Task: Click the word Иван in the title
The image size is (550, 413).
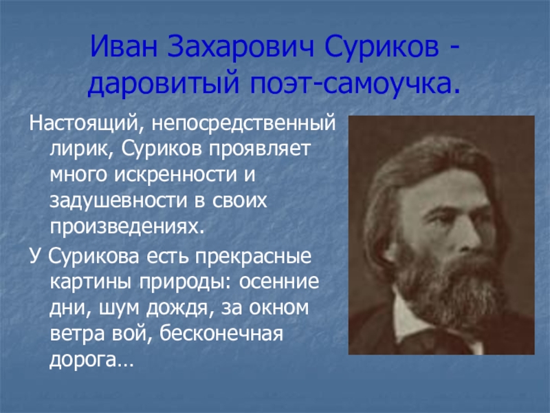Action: (124, 46)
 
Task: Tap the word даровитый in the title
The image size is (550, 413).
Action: (164, 83)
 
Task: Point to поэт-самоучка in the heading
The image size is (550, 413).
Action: (355, 83)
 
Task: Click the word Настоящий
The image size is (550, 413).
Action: (84, 124)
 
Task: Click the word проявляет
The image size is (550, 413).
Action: (261, 149)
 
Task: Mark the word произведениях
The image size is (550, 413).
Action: (126, 227)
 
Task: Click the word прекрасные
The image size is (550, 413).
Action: (253, 255)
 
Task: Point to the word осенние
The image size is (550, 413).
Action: (279, 282)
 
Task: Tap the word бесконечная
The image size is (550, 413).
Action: (221, 333)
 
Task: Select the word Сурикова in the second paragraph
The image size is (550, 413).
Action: (93, 256)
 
